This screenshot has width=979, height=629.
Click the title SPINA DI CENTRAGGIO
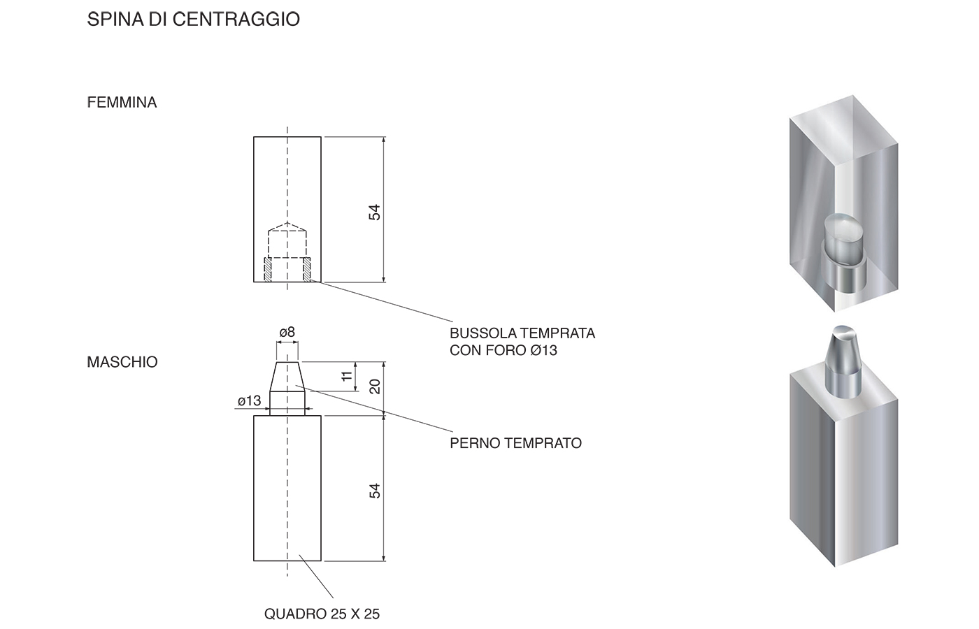(x=193, y=20)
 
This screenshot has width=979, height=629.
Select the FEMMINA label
(x=122, y=102)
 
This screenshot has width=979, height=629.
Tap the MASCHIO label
(x=122, y=362)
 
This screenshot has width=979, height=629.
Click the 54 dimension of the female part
(x=375, y=212)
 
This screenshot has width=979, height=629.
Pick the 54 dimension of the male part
(x=375, y=491)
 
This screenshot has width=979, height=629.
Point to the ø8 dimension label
(x=287, y=333)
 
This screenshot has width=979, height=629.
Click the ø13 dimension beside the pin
(x=249, y=400)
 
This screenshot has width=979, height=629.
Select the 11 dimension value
(x=347, y=376)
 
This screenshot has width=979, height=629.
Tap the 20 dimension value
(x=375, y=386)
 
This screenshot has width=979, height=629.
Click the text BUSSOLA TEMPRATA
(x=522, y=333)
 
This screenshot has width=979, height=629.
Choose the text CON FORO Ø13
(x=503, y=350)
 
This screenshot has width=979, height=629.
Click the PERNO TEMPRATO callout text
(x=516, y=443)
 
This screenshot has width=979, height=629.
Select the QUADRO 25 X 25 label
(x=322, y=614)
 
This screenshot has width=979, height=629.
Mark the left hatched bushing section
(x=267, y=269)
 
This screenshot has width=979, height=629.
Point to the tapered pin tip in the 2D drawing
(x=287, y=377)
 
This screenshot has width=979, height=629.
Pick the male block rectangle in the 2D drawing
(x=287, y=488)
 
